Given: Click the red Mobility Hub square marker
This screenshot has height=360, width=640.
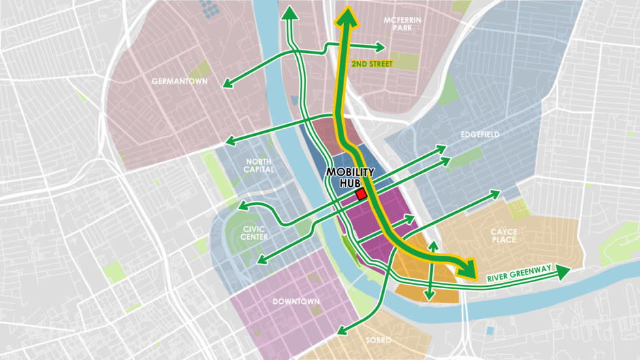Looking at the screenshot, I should click(360, 195).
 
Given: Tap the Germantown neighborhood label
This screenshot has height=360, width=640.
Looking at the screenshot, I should click(178, 82).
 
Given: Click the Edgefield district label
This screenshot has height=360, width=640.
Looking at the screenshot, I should click(479, 135).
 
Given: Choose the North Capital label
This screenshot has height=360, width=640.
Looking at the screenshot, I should click(260, 165).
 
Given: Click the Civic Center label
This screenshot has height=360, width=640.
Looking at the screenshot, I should click(254, 233).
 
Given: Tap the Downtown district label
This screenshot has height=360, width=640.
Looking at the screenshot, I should click(296, 301).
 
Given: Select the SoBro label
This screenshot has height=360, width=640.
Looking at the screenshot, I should click(378, 340).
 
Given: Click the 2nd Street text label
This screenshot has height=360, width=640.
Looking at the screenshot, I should click(372, 64).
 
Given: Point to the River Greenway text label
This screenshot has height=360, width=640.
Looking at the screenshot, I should click(519, 274).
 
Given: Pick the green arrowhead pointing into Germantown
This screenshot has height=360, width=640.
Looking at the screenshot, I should click(227, 85).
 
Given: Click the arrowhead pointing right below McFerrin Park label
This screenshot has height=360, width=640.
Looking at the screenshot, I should click(381, 47).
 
